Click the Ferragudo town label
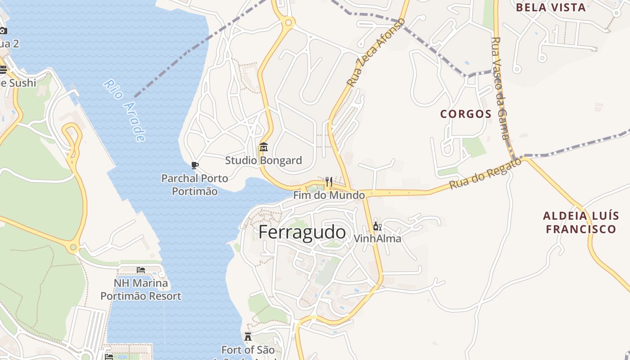click(x=302, y=232)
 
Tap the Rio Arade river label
click(x=125, y=111)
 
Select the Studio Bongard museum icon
click(x=264, y=147)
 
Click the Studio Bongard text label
click(x=264, y=160)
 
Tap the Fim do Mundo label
click(x=329, y=195)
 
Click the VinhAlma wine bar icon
click(x=377, y=226)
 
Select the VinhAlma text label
click(x=377, y=238)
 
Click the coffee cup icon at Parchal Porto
click(x=195, y=166)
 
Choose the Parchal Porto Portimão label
click(x=195, y=184)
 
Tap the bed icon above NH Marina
click(x=141, y=270)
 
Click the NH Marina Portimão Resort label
click(x=141, y=289)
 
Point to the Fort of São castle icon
click(x=247, y=336)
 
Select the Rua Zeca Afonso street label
click(x=376, y=53)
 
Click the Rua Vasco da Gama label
click(x=500, y=88)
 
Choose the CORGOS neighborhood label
click(x=466, y=114)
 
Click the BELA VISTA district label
click(x=551, y=7)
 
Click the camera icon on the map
click(x=3, y=31)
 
